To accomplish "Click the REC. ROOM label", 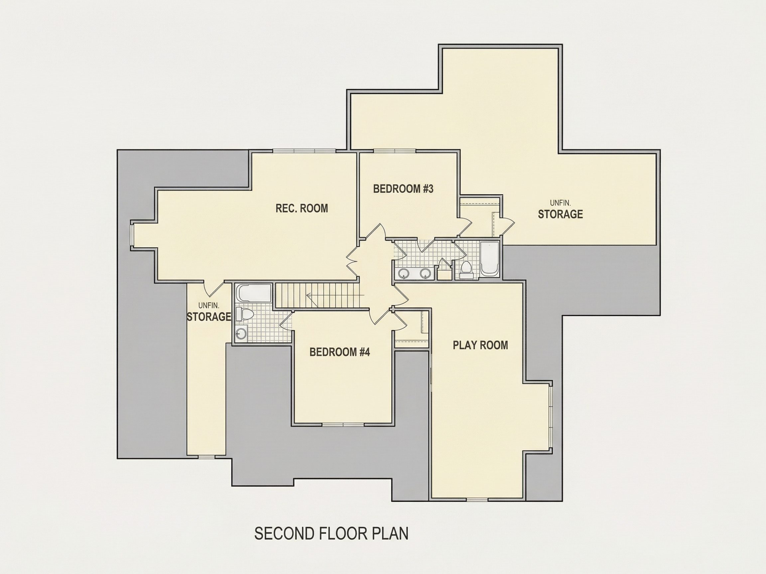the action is click(302, 208).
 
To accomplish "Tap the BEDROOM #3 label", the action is click(403, 189).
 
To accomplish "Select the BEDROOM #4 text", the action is click(340, 352).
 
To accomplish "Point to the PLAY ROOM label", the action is click(480, 345).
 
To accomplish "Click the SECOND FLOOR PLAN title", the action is click(331, 534).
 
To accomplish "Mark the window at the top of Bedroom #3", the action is click(394, 150).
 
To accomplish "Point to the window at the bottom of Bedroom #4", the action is click(343, 424).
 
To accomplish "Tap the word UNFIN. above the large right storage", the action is click(560, 203).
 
